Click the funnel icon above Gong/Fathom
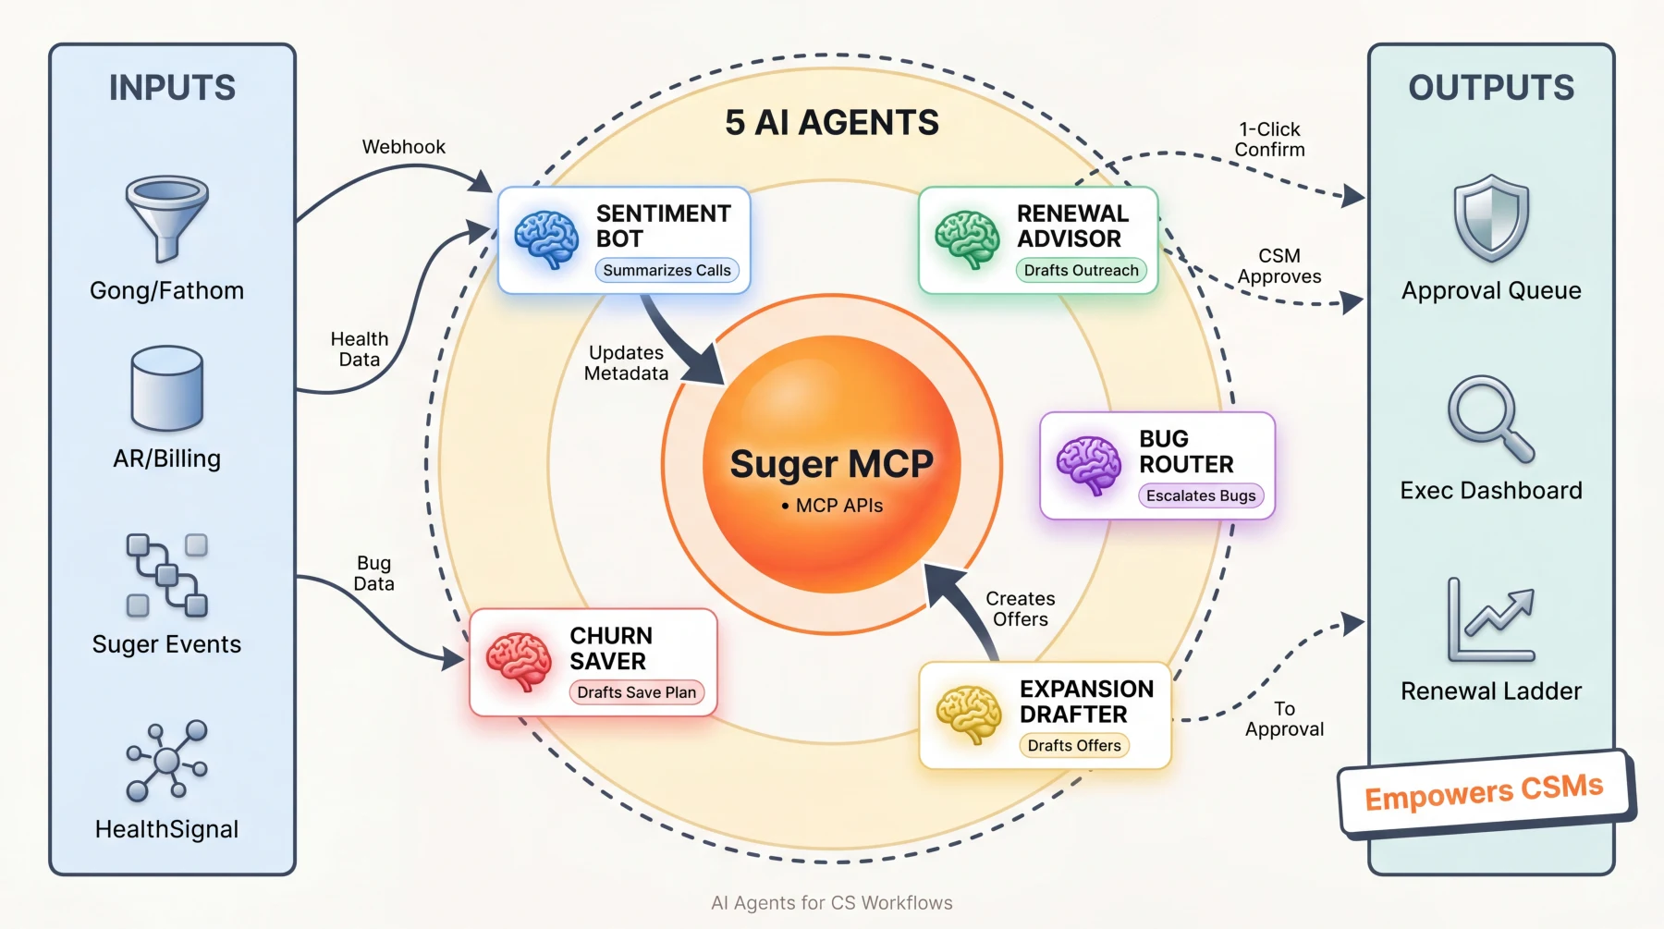(x=167, y=216)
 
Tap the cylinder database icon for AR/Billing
(x=167, y=388)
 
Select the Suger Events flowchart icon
(x=167, y=575)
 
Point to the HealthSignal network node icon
(x=167, y=760)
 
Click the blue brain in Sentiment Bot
(x=546, y=238)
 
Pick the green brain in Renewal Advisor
(x=967, y=238)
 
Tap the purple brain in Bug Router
(x=1089, y=465)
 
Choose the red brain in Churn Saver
(x=519, y=661)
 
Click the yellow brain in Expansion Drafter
(x=969, y=714)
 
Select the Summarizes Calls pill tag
(x=667, y=270)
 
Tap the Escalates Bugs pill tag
(x=1201, y=495)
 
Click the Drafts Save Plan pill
(x=636, y=692)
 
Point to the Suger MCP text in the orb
(x=831, y=464)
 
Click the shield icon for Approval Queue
(x=1491, y=218)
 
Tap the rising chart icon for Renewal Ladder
(x=1491, y=619)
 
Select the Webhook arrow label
(x=403, y=147)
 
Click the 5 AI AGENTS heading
(x=832, y=122)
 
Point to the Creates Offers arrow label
(x=1020, y=609)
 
